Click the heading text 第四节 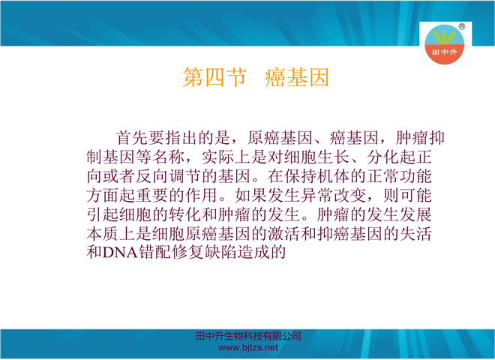click(214, 77)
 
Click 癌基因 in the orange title click(297, 77)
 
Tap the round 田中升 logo click(444, 44)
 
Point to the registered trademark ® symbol click(461, 26)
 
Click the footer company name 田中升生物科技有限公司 click(248, 336)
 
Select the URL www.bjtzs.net click(248, 348)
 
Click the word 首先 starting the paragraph click(132, 138)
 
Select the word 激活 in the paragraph click(284, 233)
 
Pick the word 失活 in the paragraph click(415, 233)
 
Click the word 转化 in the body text click(185, 214)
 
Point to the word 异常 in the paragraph click(316, 195)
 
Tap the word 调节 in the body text click(185, 176)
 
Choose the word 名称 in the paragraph click(169, 157)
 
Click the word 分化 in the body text click(382, 157)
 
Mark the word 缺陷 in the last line click(220, 252)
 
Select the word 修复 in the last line click(187, 252)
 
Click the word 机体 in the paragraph click(333, 176)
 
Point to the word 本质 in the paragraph click(103, 233)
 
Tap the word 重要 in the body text click(152, 195)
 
